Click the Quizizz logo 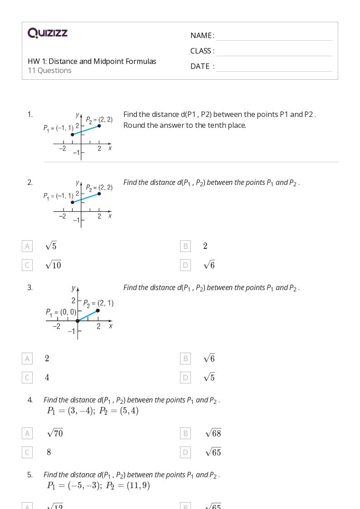(x=48, y=33)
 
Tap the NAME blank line (x=274, y=36)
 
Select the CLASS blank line (x=274, y=52)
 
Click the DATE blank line (x=274, y=67)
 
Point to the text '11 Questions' (x=49, y=71)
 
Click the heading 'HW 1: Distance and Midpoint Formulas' (x=92, y=61)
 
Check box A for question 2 (x=27, y=246)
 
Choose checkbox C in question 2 (x=27, y=265)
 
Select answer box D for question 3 (x=185, y=378)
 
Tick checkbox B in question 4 (x=185, y=433)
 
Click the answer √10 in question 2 (x=53, y=265)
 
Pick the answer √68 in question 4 (x=213, y=433)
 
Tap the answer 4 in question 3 (x=47, y=378)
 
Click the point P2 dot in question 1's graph (x=99, y=126)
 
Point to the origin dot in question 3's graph (x=78, y=321)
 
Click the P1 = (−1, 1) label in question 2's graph (x=58, y=196)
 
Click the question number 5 (x=30, y=475)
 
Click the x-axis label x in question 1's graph (x=110, y=148)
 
